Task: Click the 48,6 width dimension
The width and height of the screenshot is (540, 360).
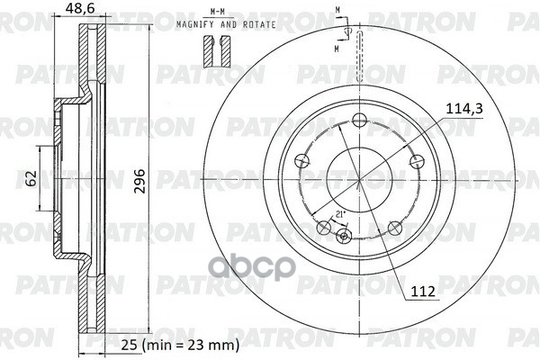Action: (80, 10)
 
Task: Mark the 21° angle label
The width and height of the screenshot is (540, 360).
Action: (339, 213)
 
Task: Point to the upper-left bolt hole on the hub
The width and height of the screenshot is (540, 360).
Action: (301, 161)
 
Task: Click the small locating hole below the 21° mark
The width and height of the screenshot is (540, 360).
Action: (342, 237)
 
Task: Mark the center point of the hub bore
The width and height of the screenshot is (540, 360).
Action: (358, 179)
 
